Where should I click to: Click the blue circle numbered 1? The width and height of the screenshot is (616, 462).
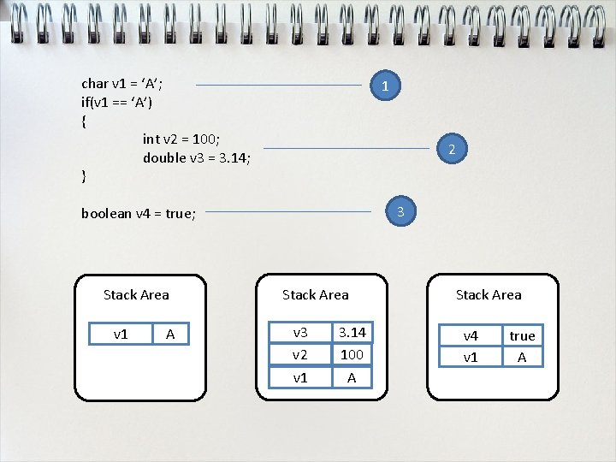(x=386, y=86)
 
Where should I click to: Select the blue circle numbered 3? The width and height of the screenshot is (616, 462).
(x=400, y=210)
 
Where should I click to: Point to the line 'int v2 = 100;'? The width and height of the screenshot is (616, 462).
(x=181, y=139)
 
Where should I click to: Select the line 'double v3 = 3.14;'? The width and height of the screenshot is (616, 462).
(x=197, y=157)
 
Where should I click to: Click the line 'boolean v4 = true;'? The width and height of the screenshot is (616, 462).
(x=139, y=214)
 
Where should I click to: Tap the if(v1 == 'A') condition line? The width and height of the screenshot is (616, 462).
(x=117, y=102)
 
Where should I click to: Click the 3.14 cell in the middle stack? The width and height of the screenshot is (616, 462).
(x=352, y=332)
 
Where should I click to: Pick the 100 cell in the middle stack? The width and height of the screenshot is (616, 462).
(x=352, y=354)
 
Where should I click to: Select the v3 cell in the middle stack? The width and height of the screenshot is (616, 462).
(x=300, y=332)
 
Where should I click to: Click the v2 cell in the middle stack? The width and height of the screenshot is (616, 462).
(x=300, y=354)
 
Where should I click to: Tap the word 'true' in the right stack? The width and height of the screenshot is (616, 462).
(x=522, y=336)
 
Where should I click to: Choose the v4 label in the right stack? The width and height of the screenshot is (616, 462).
(x=471, y=336)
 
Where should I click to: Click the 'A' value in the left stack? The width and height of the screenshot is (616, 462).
(x=170, y=335)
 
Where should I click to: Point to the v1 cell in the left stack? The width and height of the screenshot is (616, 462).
(x=121, y=335)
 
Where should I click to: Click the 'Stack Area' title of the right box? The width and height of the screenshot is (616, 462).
(x=489, y=295)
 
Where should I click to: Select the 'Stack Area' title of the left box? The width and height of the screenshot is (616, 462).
(x=136, y=295)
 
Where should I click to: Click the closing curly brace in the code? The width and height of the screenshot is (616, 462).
(x=83, y=176)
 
